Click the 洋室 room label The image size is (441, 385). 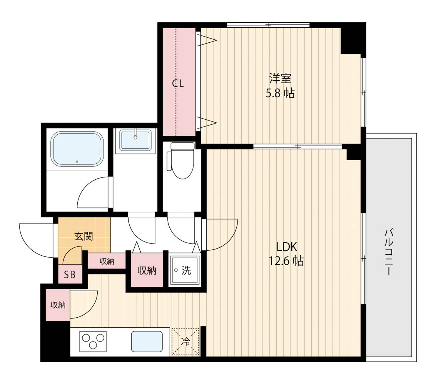point(280,78)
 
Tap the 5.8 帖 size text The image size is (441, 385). point(280,93)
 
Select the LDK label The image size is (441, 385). point(287,247)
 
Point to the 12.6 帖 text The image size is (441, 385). point(286,261)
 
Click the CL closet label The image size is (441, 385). point(178,84)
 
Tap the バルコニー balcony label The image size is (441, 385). point(389,252)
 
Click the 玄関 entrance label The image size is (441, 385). point(83,236)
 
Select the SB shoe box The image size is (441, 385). point(70,274)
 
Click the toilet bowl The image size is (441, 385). point(182,164)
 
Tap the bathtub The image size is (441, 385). point(77,149)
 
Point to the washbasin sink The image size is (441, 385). point(135,140)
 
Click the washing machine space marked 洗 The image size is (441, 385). point(185,270)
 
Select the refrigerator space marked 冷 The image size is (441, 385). point(185,341)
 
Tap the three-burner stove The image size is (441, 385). point(93,341)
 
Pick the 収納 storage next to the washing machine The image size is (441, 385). point(147,270)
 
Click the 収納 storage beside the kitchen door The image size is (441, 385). point(58,305)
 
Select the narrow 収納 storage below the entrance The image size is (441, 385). point(107,261)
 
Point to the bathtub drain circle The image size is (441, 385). point(77,161)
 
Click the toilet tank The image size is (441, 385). point(182,146)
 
